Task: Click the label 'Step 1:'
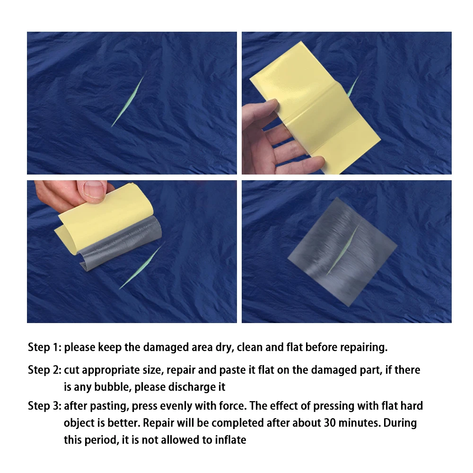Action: pos(44,347)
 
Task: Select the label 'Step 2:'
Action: pos(44,370)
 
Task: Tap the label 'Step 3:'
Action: pos(44,406)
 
